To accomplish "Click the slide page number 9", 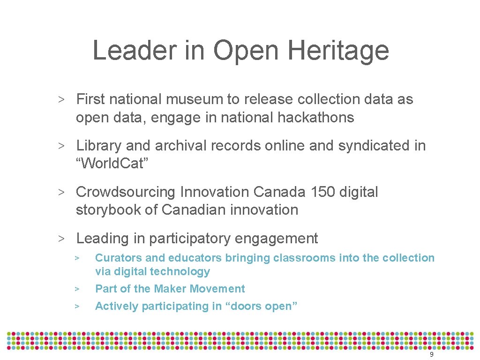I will click(x=431, y=355).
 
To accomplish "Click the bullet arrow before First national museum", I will click(x=61, y=100).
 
